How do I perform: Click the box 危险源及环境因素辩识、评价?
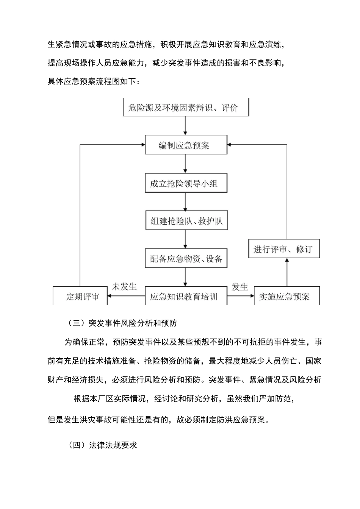point(186,108)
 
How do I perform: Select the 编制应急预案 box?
point(186,145)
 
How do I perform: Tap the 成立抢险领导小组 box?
point(186,184)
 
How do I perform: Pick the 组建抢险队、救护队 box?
point(186,221)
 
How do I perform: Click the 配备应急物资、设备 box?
point(186,259)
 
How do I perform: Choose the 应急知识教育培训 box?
point(186,296)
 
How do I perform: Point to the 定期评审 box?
point(80,296)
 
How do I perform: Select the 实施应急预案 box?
point(286,296)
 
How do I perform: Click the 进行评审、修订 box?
point(284,249)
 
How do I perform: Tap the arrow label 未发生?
point(124,287)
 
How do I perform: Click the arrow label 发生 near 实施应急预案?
point(240,287)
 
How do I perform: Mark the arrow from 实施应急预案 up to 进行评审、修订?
point(286,272)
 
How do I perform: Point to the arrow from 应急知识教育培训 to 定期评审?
point(127,296)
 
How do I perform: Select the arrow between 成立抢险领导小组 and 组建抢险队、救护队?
point(185,202)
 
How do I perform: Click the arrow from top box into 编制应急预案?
point(185,126)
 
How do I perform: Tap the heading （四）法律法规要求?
point(102,445)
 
